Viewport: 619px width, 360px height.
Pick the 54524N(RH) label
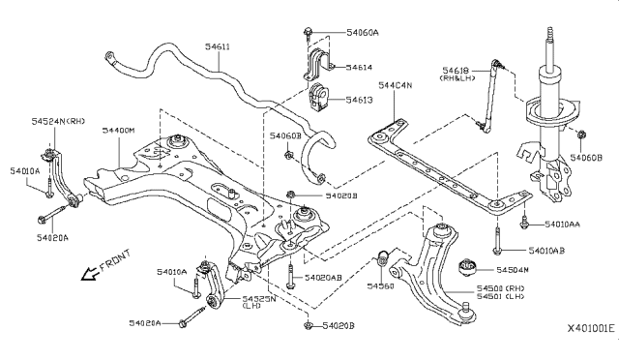tap(56, 121)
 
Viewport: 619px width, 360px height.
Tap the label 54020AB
tap(323, 278)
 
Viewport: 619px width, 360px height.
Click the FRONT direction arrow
tap(93, 273)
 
